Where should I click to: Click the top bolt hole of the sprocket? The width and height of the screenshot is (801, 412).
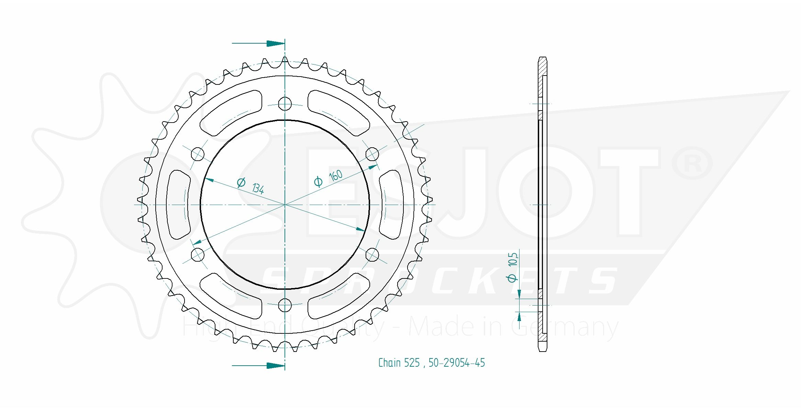point(285,103)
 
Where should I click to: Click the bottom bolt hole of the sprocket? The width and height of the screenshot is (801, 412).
point(285,305)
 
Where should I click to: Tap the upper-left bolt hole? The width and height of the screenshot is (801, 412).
point(198,154)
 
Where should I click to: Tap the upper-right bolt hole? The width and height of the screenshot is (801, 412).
point(372,154)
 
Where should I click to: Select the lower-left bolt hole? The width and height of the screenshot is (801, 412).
point(197,255)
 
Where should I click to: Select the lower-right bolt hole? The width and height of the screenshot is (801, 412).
point(372,255)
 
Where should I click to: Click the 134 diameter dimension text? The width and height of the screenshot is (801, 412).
point(258,188)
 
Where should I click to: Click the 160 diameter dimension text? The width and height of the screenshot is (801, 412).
point(335,176)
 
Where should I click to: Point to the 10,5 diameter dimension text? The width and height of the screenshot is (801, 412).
point(512,260)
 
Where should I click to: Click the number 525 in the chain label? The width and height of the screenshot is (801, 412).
point(412,363)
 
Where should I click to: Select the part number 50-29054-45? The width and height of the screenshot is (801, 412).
point(456,363)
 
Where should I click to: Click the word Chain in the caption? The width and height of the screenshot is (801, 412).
point(389,363)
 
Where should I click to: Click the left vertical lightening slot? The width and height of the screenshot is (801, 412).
point(178,205)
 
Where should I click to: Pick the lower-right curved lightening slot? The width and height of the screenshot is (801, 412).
point(340,296)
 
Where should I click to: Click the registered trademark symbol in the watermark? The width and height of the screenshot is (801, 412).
point(692,163)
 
